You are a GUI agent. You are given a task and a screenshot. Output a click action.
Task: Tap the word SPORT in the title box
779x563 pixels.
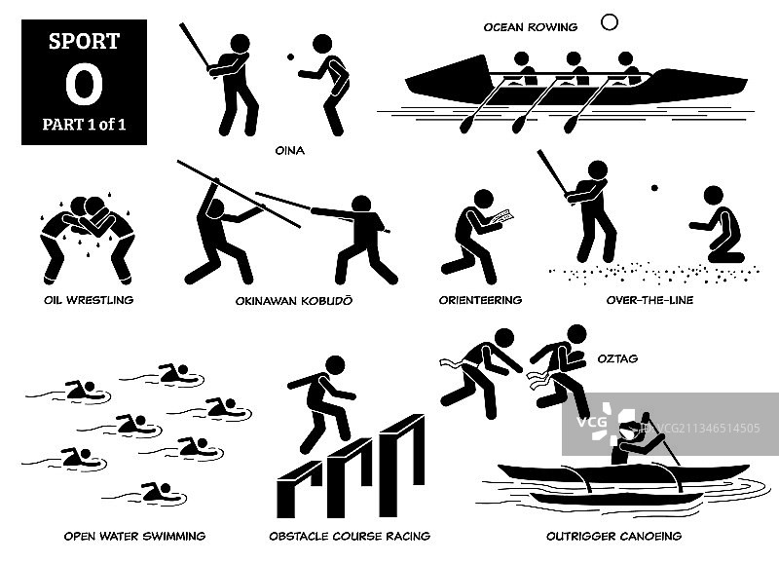pos(85,41)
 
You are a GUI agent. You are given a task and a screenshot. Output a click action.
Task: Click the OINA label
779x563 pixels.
pos(290,151)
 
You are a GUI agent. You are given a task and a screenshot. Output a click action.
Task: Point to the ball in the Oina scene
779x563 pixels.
pos(290,57)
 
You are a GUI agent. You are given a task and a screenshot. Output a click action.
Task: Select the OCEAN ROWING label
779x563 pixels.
pos(531,27)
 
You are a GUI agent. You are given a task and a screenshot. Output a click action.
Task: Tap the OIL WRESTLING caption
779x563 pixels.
pos(89,300)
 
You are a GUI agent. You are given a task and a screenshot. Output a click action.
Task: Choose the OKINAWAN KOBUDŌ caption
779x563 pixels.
pos(294,300)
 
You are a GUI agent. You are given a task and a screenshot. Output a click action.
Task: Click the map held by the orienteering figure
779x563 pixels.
pos(501,217)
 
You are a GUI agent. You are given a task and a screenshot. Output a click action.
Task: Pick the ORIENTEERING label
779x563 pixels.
pos(480,300)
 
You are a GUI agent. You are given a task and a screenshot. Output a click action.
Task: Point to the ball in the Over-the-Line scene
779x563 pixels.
pos(654,188)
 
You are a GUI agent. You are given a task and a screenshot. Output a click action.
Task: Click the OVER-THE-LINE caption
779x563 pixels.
pos(649,300)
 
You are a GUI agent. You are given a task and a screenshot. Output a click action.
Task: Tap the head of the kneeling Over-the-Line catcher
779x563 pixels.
pos(714,196)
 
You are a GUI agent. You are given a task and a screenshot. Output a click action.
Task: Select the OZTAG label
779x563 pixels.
pos(617,358)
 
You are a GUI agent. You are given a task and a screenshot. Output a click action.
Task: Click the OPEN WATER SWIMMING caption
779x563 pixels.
pos(134,536)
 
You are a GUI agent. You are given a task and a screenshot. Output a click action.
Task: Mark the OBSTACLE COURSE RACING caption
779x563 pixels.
pos(350,536)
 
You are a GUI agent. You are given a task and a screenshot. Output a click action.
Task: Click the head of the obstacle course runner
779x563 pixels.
pos(335,365)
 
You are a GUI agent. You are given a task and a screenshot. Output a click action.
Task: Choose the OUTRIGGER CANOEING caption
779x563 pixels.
pos(614,536)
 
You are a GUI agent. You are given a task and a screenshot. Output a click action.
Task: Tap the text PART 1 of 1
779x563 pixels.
pos(84,125)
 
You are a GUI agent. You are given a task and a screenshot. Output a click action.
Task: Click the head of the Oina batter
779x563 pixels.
pos(240,44)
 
